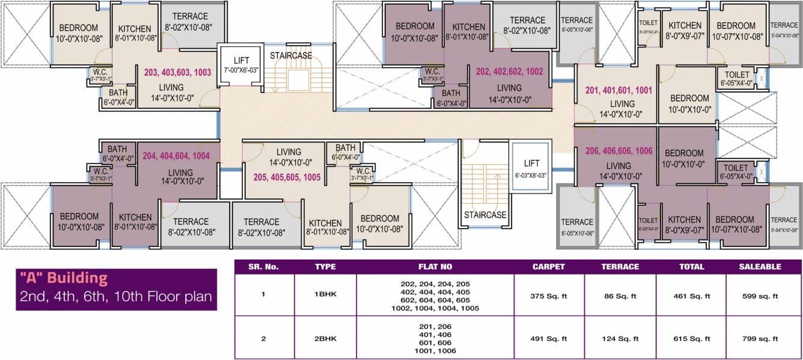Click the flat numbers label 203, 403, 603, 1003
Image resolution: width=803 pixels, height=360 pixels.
[177, 72]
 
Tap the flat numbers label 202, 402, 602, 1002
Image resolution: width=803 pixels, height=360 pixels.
[509, 72]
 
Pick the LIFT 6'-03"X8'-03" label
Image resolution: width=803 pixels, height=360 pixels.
[531, 168]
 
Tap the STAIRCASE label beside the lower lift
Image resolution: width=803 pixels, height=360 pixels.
[484, 215]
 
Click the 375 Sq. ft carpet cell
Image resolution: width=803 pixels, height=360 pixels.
[549, 296]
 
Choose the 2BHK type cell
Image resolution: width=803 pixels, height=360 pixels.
[325, 339]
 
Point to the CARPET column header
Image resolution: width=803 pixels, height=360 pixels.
[549, 267]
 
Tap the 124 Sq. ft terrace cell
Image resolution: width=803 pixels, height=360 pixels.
[620, 339]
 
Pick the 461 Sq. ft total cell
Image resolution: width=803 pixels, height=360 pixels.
[691, 296]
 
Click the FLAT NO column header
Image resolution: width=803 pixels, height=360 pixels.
[435, 267]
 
